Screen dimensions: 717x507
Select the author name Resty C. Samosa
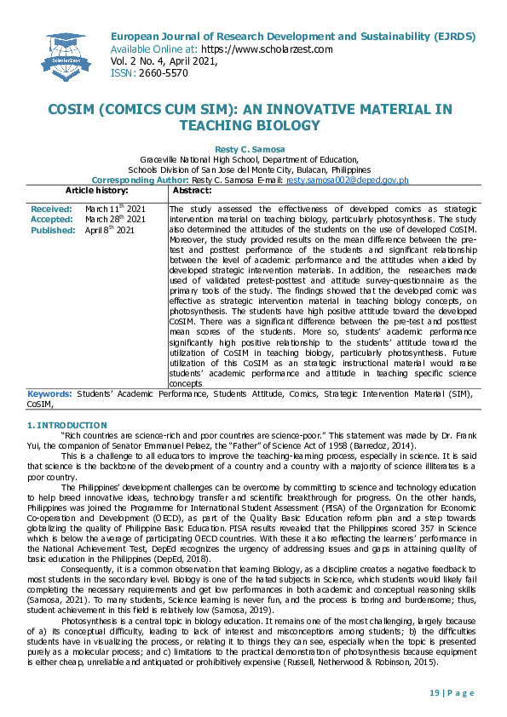252,149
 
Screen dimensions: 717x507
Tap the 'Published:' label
53,230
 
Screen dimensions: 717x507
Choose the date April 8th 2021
110,230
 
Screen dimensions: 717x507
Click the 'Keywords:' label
49,393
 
